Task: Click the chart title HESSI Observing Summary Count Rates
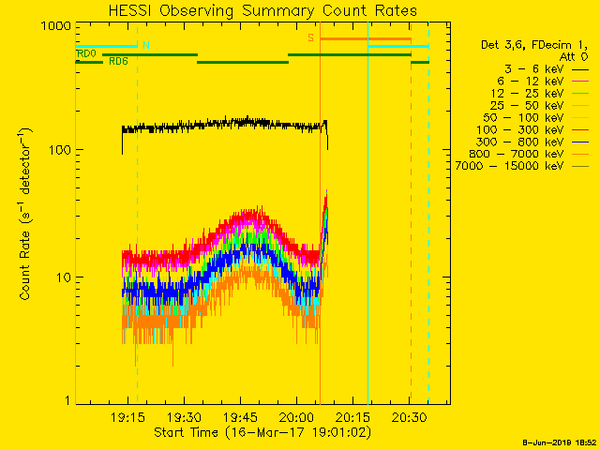pyautogui.click(x=262, y=11)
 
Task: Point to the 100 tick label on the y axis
pyautogui.click(x=61, y=151)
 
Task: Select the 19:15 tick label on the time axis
pyautogui.click(x=127, y=417)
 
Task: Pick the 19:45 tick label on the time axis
pyautogui.click(x=240, y=417)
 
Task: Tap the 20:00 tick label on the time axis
pyautogui.click(x=296, y=417)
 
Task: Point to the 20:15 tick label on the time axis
pyautogui.click(x=353, y=417)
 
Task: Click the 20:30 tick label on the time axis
pyautogui.click(x=410, y=417)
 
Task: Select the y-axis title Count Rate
pyautogui.click(x=27, y=216)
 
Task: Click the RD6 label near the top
pyautogui.click(x=118, y=62)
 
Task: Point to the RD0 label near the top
pyautogui.click(x=86, y=54)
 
